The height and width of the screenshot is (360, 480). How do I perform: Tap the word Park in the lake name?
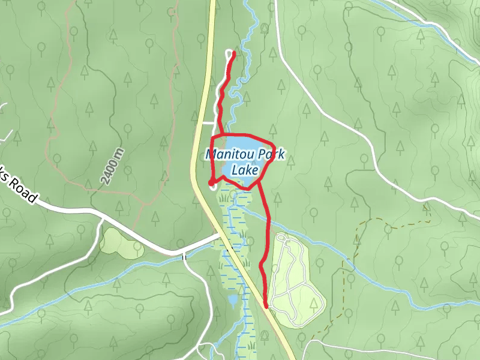tap(268, 155)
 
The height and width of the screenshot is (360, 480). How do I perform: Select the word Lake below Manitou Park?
tap(244, 170)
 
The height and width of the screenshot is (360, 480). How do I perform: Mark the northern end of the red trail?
tap(233, 55)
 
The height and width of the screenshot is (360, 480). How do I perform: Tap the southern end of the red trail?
tap(266, 307)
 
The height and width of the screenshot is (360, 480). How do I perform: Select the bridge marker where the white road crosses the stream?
tap(185, 256)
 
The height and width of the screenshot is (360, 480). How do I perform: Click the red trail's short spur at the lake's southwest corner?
tap(211, 182)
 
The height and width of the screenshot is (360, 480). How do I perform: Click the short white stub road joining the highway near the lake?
tap(207, 122)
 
